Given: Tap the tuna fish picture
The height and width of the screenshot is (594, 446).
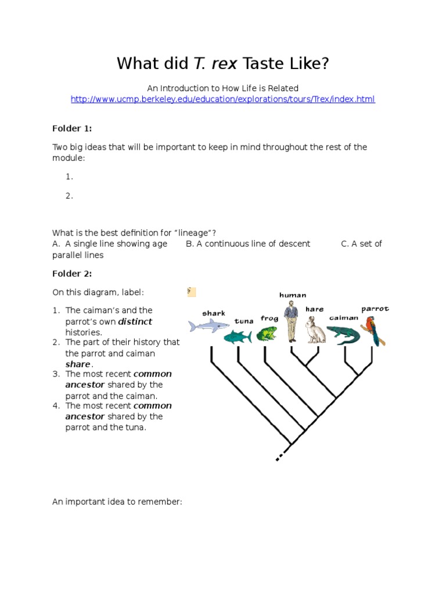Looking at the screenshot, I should tap(238, 336).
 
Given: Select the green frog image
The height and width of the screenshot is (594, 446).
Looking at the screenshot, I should tap(267, 334).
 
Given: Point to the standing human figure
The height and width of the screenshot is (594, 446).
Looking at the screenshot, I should tap(291, 321).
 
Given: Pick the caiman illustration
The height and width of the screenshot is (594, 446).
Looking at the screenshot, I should tap(343, 334).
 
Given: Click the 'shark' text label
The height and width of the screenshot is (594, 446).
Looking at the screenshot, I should tap(214, 313).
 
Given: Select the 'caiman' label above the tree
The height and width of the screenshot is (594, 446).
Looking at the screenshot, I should tap(344, 317).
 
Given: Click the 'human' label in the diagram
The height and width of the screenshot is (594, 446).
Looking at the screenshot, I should tap(293, 295).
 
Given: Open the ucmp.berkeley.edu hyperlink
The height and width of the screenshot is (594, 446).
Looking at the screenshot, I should tap(223, 99).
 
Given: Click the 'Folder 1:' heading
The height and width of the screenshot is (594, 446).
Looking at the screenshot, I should tap(72, 128).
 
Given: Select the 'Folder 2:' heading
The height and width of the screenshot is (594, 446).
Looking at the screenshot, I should tap(72, 273).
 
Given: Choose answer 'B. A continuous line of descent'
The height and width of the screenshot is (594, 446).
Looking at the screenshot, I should tap(248, 244).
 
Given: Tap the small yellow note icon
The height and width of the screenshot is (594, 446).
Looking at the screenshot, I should tap(192, 292).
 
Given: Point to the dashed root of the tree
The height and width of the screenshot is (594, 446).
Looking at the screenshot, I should tap(281, 456).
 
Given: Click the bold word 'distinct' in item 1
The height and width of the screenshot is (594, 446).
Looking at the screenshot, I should tap(135, 321).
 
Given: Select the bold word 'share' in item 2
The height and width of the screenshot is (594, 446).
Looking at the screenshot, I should tap(78, 364).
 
